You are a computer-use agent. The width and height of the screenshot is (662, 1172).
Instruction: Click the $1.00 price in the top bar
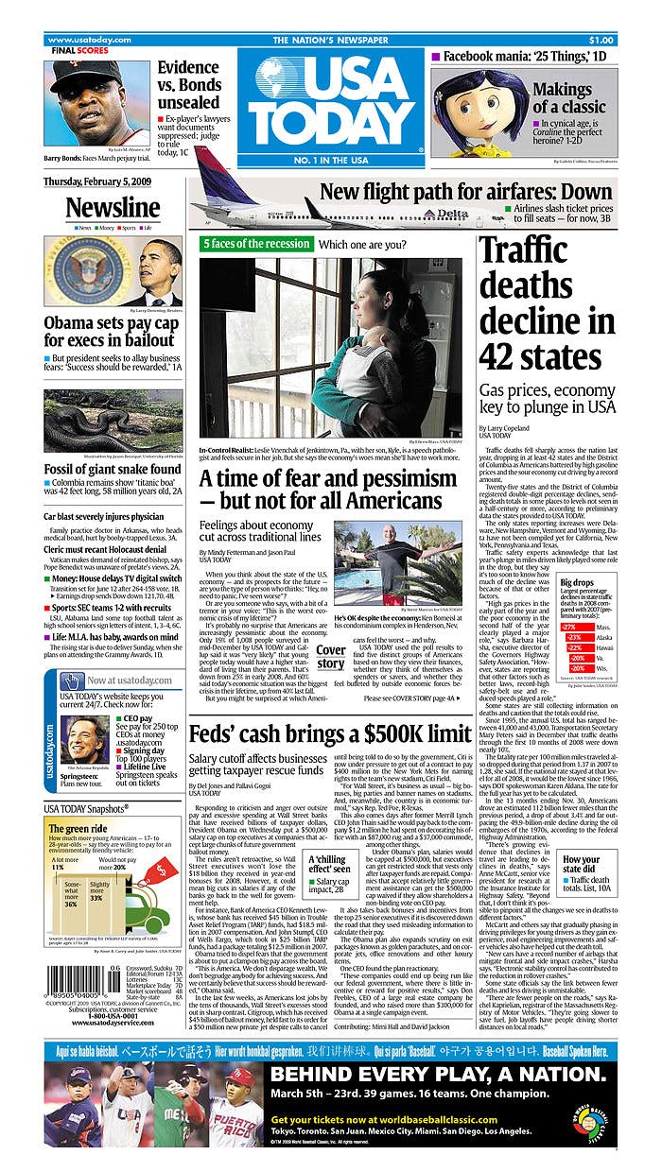[601, 40]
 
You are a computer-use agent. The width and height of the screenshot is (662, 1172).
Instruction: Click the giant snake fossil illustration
[113, 421]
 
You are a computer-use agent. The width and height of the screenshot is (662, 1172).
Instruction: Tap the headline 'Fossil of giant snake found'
[113, 469]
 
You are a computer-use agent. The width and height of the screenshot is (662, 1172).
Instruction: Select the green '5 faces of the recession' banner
[255, 244]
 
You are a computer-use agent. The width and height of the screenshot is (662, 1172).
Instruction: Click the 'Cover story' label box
[330, 657]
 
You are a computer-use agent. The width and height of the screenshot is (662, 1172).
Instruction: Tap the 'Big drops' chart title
[577, 583]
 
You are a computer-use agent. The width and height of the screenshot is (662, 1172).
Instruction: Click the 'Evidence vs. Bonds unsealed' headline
[188, 84]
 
